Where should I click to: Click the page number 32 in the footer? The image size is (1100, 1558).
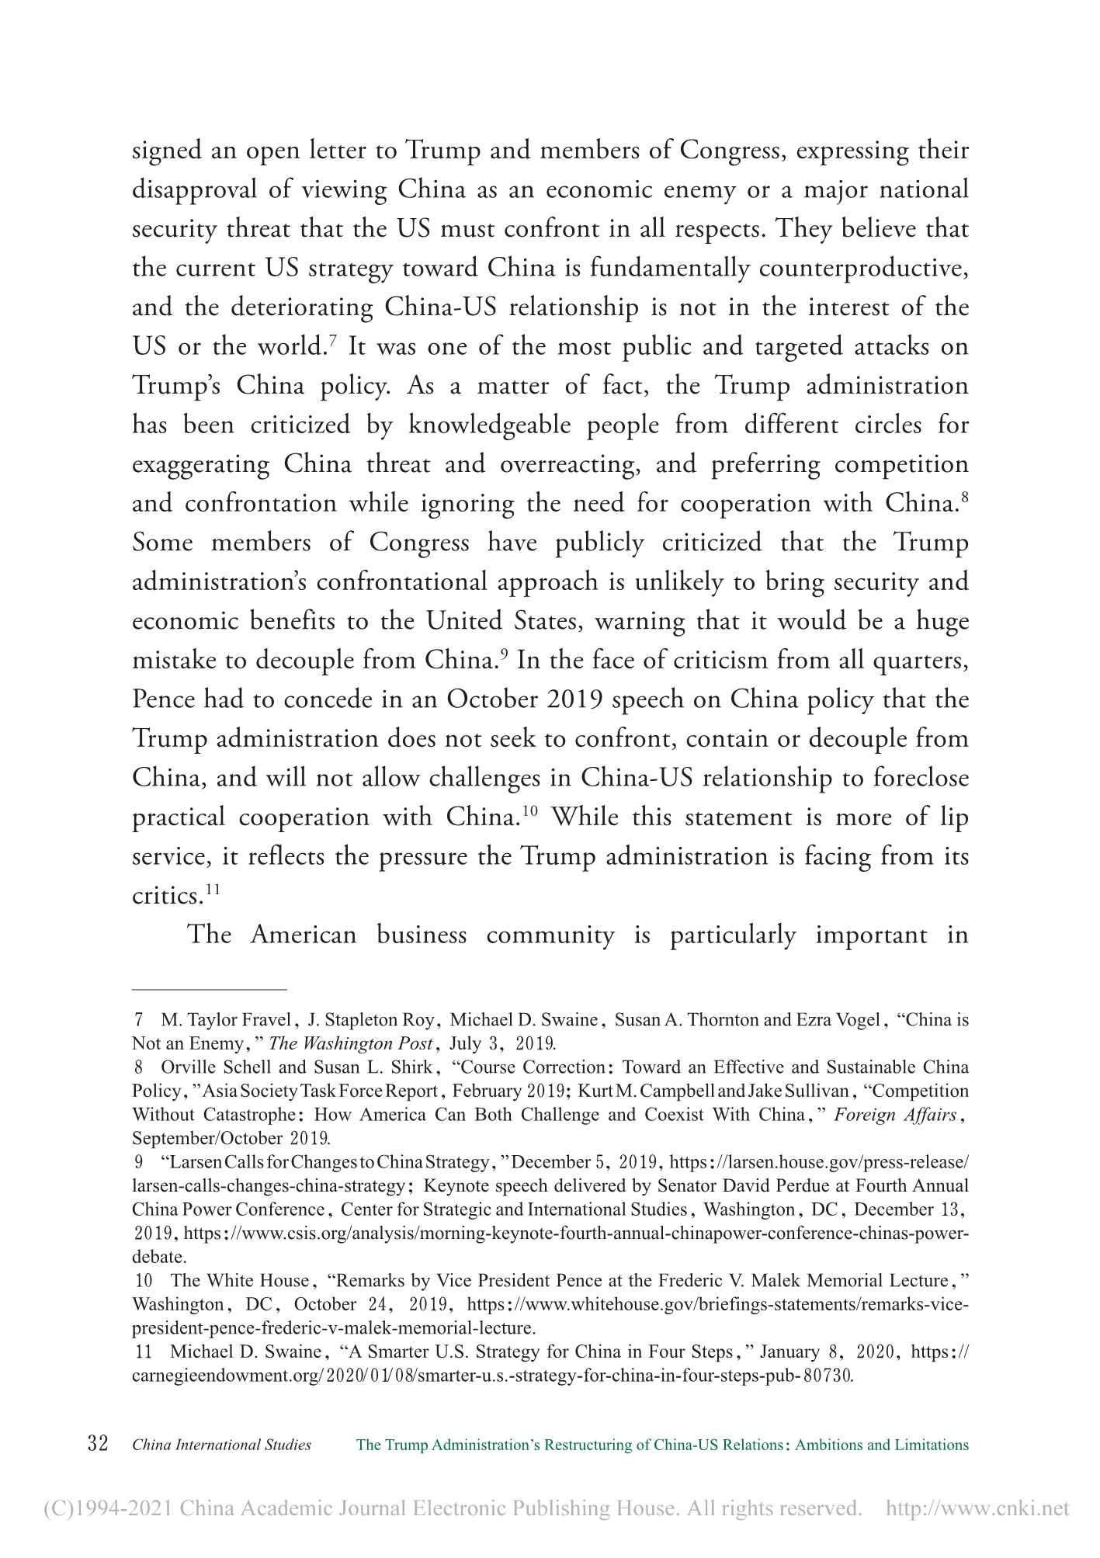[97, 1445]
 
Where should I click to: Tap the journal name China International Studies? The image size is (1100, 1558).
[222, 1445]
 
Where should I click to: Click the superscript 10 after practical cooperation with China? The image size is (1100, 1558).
[530, 810]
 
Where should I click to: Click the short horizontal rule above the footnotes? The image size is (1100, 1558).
[210, 990]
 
